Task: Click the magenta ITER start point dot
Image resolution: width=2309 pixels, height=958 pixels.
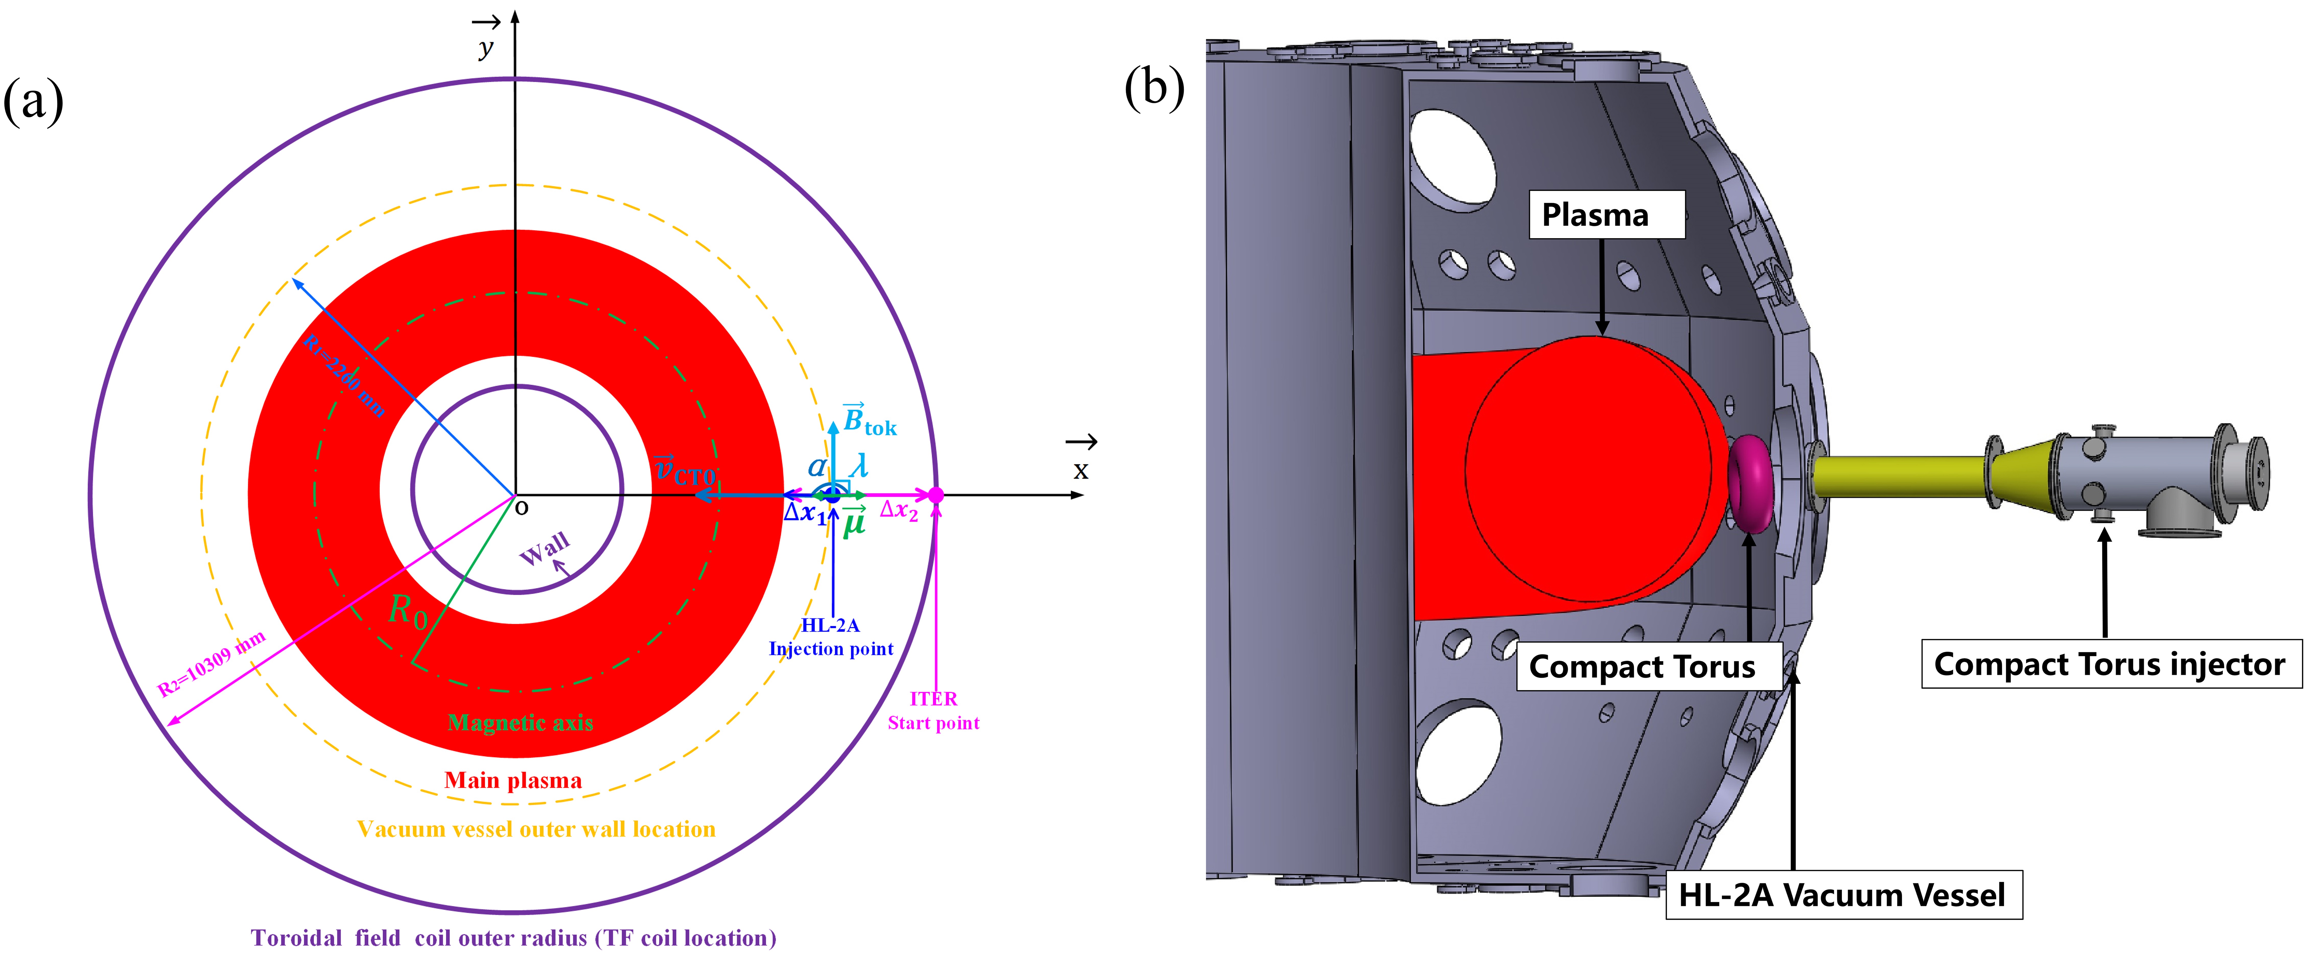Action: coord(936,495)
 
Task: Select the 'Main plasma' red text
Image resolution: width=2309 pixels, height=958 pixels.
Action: coord(513,780)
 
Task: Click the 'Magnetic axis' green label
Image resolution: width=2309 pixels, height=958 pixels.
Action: coord(520,722)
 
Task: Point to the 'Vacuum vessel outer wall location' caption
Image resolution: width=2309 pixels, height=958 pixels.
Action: coord(536,829)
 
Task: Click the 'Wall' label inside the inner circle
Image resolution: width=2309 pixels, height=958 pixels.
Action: coord(544,548)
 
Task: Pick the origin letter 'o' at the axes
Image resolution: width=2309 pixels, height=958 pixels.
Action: coord(522,508)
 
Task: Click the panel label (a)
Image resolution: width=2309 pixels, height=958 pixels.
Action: coord(33,100)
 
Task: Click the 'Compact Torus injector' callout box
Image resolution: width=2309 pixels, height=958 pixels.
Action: coord(2110,664)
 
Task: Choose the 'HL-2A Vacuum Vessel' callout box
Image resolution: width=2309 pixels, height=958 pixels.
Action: coord(1843,894)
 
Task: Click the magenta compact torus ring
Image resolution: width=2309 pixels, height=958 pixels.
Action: coord(1750,484)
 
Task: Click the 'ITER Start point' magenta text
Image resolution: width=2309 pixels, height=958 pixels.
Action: coord(933,711)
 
